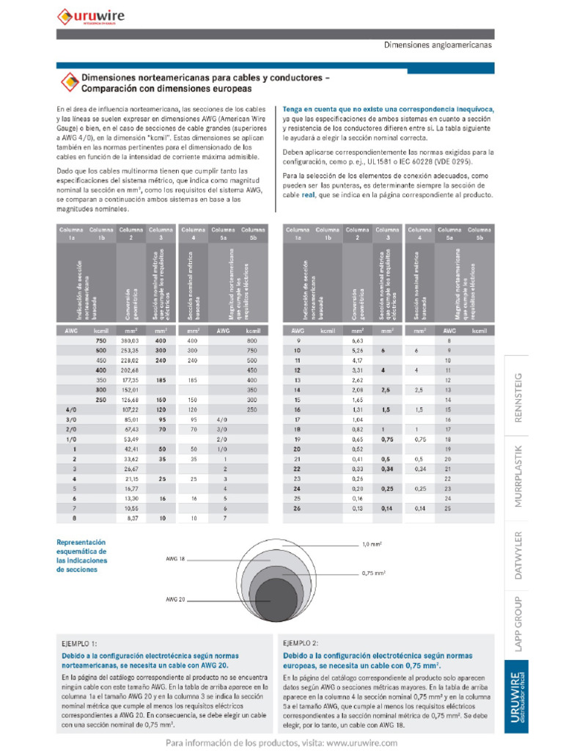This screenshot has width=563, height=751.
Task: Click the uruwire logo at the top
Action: pyautogui.click(x=91, y=15)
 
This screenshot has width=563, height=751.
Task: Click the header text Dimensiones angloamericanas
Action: pyautogui.click(x=438, y=45)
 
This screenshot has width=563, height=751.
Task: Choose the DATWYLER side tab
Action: pyautogui.click(x=521, y=555)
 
